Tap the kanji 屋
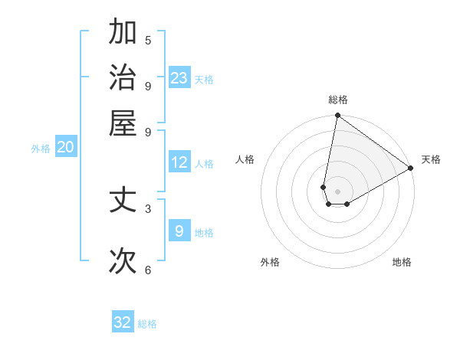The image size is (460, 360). [123, 123]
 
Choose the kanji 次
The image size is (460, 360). [123, 261]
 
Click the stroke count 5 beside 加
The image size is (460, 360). [148, 41]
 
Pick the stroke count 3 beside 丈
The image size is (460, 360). [148, 208]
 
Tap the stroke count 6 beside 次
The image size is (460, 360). [148, 270]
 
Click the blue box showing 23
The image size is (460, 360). [179, 78]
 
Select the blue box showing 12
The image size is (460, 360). [179, 162]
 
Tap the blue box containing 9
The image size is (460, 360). [179, 231]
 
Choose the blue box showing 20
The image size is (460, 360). [65, 148]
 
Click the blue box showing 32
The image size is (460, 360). [123, 322]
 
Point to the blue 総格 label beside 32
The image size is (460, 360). [147, 324]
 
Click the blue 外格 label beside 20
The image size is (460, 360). [41, 149]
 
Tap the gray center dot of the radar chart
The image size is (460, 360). [337, 191]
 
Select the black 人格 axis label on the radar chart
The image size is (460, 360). [245, 159]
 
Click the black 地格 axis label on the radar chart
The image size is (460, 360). [402, 262]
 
